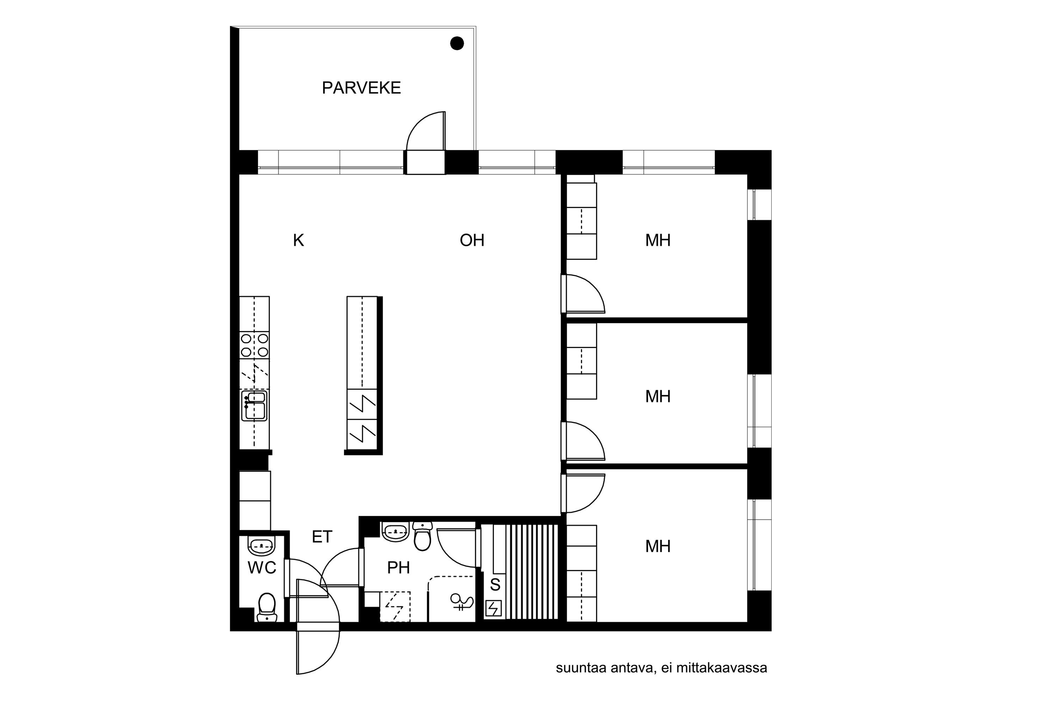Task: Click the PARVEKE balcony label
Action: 361,88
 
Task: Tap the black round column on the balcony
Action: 457,43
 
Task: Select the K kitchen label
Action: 298,240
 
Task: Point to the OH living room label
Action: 472,240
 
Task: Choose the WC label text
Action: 262,568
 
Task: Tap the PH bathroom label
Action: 398,568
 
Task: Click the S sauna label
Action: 495,584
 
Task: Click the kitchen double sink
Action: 254,406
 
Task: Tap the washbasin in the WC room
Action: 261,546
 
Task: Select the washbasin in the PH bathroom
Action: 395,532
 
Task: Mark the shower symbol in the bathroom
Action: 462,602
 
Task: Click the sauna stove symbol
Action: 494,609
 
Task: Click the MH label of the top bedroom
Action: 658,240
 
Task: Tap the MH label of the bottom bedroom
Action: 658,546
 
